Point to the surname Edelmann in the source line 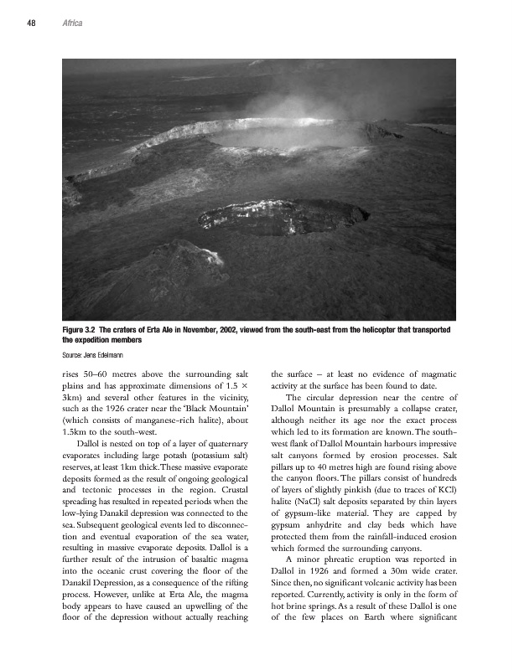click(x=110, y=356)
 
